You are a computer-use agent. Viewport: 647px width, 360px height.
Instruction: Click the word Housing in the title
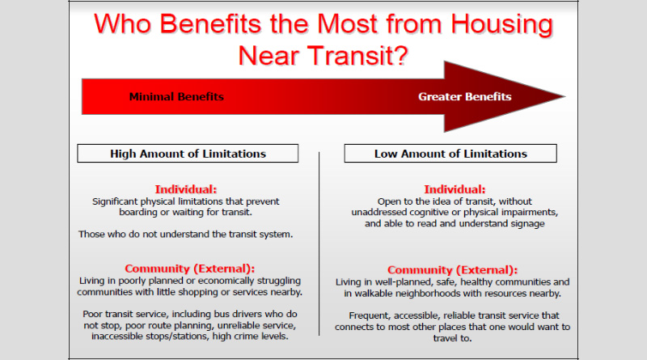click(501, 25)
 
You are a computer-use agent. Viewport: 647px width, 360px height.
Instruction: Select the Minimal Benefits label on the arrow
click(176, 96)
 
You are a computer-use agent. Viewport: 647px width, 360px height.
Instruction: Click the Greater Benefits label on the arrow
click(464, 96)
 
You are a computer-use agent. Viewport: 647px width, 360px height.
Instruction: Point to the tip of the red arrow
click(565, 96)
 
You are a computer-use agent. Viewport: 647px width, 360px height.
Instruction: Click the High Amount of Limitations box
click(188, 153)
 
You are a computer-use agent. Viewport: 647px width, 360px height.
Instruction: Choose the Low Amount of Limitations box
click(450, 153)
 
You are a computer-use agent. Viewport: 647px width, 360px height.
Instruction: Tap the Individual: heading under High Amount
click(186, 189)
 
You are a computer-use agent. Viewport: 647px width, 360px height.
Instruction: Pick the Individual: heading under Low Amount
click(455, 189)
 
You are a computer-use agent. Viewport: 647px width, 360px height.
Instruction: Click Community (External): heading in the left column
click(190, 269)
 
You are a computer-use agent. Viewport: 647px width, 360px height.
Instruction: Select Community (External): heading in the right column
click(452, 270)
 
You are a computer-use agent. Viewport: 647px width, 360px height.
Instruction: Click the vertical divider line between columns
click(319, 244)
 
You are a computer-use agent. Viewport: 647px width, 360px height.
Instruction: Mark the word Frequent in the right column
click(370, 316)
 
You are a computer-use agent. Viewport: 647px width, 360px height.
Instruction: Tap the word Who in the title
click(123, 24)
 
